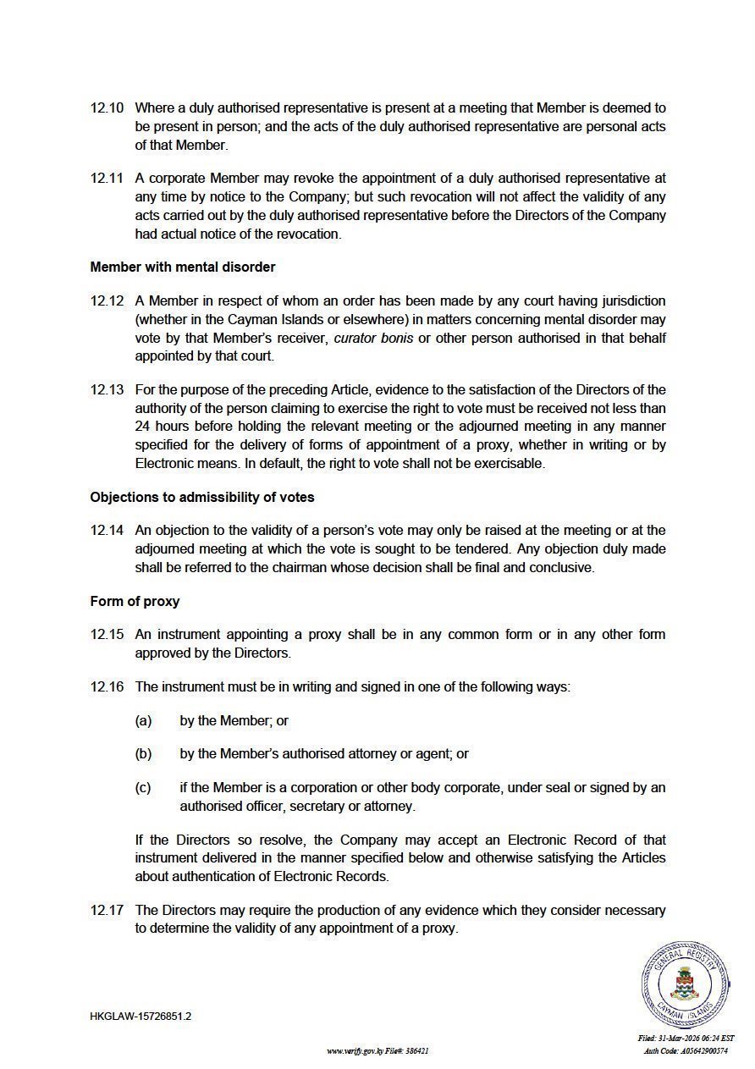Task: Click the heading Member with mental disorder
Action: (183, 267)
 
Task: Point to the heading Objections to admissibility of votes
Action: (202, 497)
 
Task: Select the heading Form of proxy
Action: (135, 602)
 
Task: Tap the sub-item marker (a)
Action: (143, 721)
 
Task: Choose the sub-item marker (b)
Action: (143, 754)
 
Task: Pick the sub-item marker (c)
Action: (143, 788)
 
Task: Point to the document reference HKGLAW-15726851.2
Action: (141, 1017)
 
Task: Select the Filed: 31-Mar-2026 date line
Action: (686, 1039)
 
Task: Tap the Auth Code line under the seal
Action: (686, 1051)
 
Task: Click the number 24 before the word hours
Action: (143, 427)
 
